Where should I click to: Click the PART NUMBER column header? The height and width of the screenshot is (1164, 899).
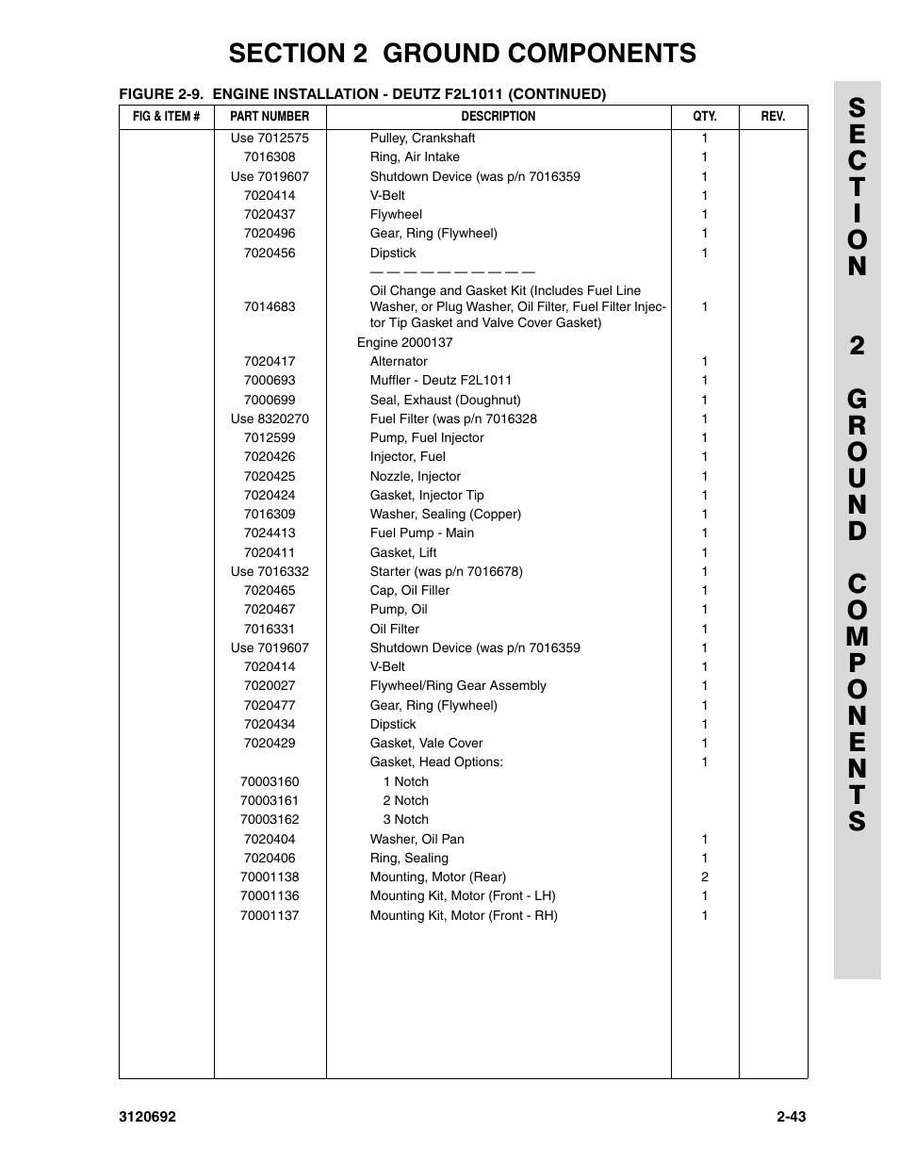point(270,117)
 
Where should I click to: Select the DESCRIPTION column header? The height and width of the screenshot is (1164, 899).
point(498,117)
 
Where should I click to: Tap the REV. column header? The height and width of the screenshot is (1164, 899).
point(773,117)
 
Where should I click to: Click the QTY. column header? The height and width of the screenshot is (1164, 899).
point(704,117)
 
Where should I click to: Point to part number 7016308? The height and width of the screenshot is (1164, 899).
point(270,157)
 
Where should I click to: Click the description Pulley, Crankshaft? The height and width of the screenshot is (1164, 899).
point(422,139)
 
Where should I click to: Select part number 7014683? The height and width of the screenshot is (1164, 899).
point(270,307)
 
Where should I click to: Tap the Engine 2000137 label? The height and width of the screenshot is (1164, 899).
point(404,343)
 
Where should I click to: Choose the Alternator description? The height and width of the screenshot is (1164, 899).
point(399,362)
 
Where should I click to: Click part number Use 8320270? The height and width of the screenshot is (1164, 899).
point(270,419)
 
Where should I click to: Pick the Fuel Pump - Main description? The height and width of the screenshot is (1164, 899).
point(421,533)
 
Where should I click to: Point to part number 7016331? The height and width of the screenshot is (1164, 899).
point(270,630)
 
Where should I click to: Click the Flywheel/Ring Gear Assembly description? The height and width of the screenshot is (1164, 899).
point(458,686)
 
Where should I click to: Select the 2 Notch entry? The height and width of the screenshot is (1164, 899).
point(405,801)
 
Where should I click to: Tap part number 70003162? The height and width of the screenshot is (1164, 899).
point(270,820)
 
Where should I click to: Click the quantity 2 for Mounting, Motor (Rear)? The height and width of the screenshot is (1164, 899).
point(704,877)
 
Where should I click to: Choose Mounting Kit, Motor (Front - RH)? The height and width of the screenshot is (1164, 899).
point(464,916)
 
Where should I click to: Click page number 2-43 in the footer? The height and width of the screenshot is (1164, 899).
point(792,1118)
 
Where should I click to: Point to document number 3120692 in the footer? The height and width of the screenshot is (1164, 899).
point(148,1118)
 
